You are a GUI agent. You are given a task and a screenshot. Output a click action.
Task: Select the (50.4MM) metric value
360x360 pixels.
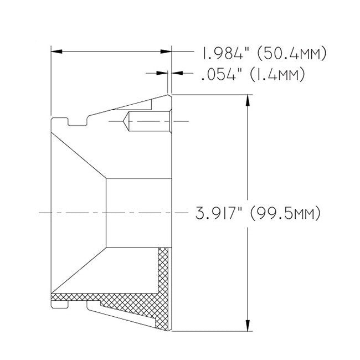coord(290,53)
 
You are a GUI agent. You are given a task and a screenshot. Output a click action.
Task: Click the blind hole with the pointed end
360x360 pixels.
coord(145,121)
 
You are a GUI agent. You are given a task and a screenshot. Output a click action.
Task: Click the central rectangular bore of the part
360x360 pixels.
coord(137,213)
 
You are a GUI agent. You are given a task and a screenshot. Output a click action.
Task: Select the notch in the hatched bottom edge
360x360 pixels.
coord(78,302)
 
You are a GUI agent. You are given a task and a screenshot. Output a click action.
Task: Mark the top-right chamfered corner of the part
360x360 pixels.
coord(169,97)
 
